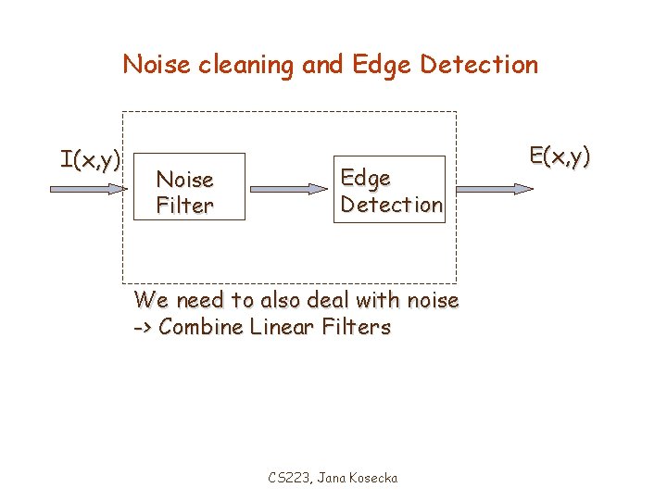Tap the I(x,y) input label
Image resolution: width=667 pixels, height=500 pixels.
click(90, 160)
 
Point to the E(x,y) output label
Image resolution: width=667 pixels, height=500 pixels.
click(560, 156)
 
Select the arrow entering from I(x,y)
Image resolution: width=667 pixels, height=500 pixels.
click(89, 188)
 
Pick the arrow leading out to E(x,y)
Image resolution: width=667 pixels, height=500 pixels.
click(496, 188)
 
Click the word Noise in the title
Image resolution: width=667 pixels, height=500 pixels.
click(154, 65)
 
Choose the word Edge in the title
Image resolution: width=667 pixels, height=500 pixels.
click(383, 65)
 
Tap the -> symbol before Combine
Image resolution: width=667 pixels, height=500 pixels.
click(144, 328)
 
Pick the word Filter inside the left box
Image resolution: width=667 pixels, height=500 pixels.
click(184, 206)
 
